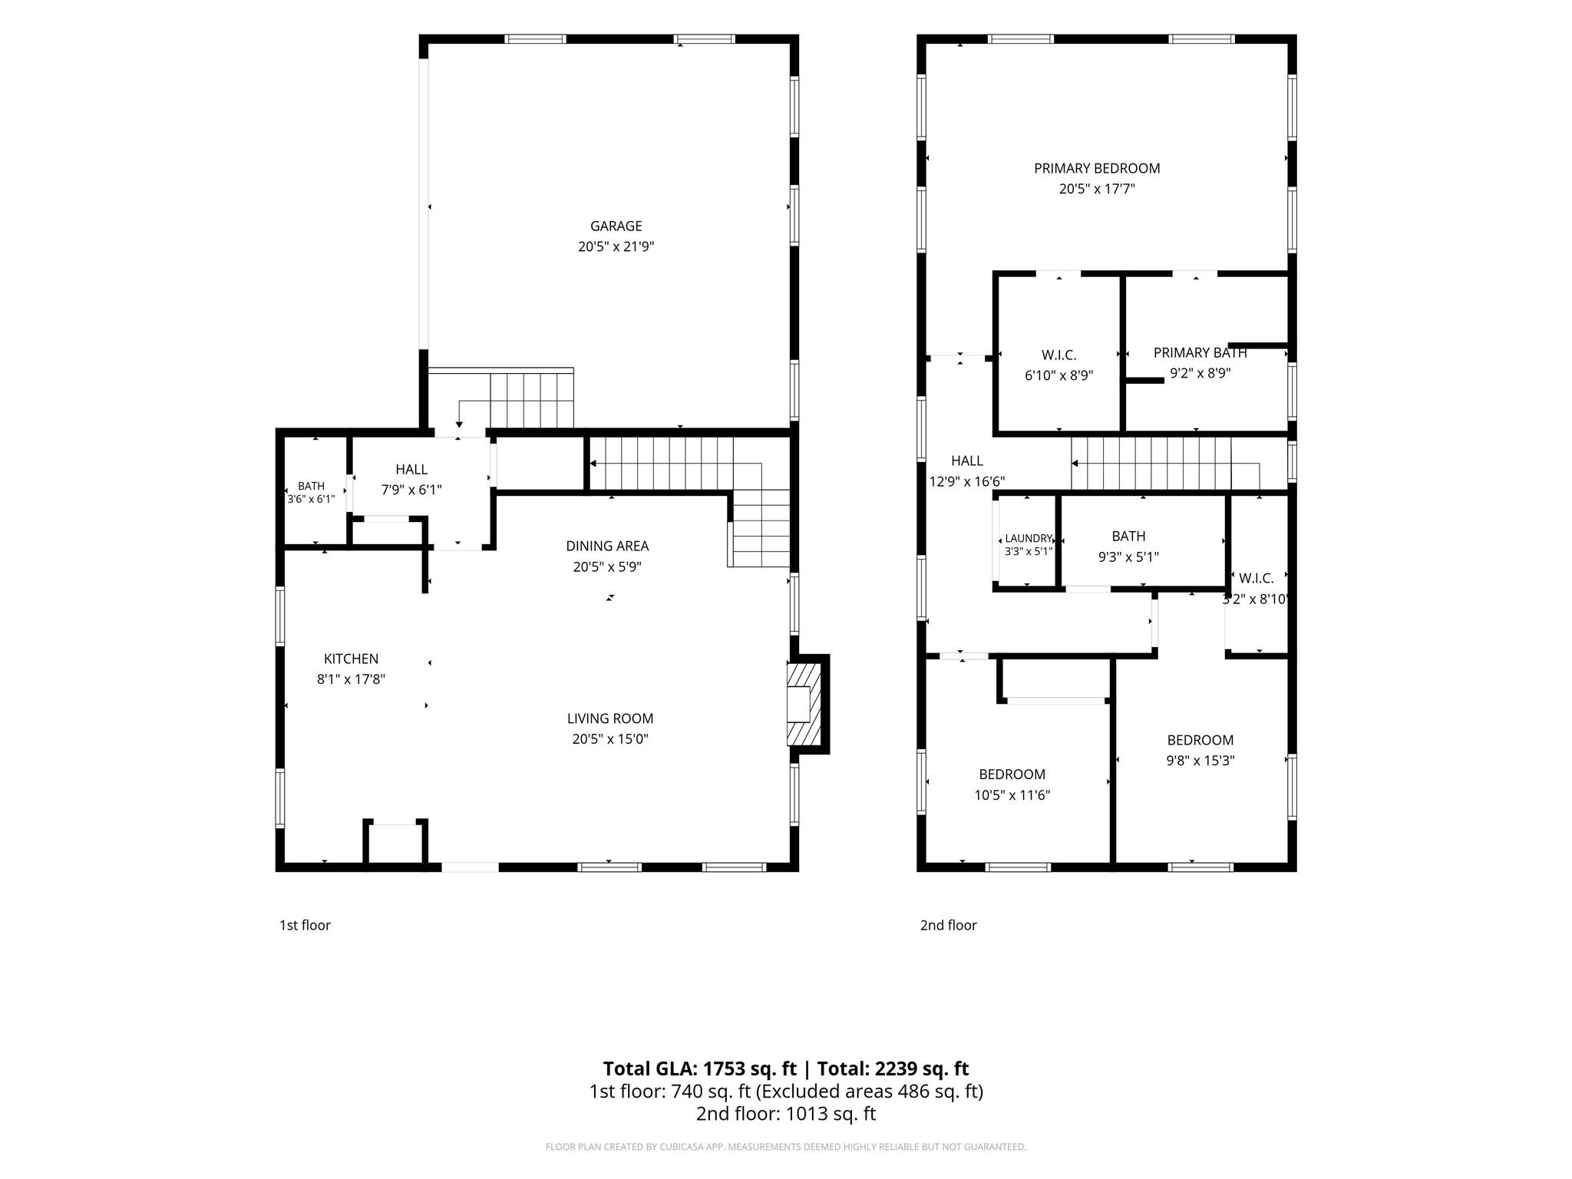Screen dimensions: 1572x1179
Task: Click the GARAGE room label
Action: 616,226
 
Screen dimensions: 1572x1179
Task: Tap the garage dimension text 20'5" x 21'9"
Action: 616,247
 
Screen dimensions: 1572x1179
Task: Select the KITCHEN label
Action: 351,659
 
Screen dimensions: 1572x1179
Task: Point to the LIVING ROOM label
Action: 610,718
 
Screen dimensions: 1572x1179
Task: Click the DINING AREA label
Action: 607,547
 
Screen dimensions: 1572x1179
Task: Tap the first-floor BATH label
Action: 311,486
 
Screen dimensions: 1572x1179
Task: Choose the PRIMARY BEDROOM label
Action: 1097,169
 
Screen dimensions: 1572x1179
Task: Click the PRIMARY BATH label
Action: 1200,353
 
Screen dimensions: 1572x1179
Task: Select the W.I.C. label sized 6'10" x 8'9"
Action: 1058,355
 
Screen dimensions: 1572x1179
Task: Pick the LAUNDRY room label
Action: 1029,539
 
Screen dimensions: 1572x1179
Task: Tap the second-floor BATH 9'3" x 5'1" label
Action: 1128,537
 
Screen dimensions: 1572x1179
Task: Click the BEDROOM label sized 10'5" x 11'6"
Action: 1012,774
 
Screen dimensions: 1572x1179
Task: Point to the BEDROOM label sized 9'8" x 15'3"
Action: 1200,740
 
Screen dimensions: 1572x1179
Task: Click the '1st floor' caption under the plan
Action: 305,925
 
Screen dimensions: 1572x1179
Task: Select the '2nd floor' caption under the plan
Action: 948,925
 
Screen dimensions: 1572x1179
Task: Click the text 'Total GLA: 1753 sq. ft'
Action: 699,1068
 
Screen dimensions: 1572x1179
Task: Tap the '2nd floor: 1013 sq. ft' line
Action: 785,1113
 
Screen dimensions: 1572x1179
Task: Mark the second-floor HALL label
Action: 966,461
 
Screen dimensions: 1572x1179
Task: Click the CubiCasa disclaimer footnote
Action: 785,1147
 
